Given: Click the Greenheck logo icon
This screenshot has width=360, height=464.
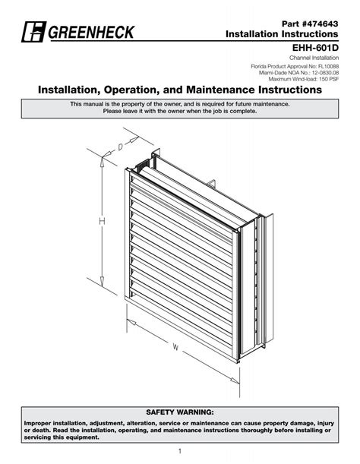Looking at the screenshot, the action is point(33,32).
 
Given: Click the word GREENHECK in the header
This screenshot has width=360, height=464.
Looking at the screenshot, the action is point(91,32).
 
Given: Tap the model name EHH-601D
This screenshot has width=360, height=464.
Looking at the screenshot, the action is point(315,48).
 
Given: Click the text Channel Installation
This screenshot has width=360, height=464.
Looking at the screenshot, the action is point(314,58).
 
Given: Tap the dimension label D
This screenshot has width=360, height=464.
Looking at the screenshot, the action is point(120,147).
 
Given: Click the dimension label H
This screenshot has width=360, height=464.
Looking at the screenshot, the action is point(102,221).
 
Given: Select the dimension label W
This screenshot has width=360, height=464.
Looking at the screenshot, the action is point(175,347).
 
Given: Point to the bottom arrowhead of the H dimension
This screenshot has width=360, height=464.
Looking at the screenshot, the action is point(102,282).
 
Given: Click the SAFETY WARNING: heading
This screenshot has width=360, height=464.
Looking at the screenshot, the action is point(180,412).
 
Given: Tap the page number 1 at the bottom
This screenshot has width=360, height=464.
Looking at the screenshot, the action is point(180,451).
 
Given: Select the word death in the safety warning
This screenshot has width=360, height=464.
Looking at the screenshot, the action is point(42,430).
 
